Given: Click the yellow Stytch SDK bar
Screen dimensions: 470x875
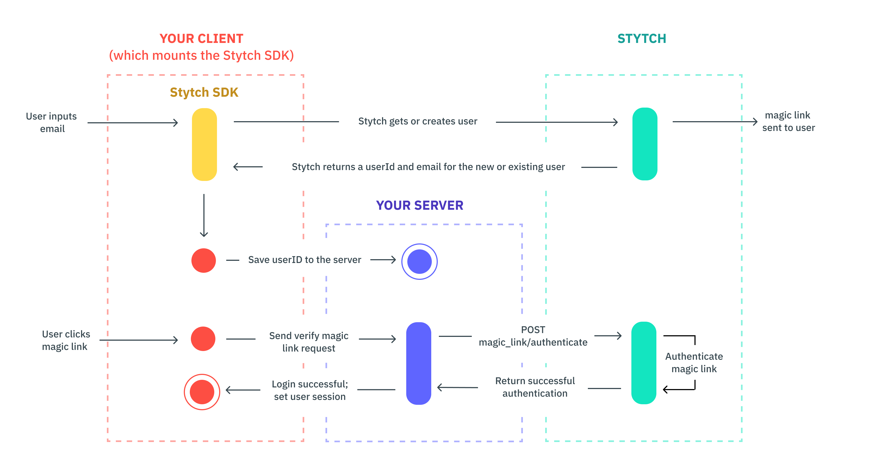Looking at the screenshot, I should [204, 144].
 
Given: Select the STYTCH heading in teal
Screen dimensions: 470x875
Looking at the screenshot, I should [641, 39].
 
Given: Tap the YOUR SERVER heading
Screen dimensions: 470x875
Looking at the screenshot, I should [419, 205].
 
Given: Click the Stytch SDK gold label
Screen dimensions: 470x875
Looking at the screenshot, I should [204, 92].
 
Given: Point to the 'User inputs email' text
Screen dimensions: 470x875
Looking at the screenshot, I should [52, 122].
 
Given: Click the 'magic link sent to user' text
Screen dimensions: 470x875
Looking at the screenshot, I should [788, 121].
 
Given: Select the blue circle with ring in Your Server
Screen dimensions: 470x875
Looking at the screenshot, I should [419, 261].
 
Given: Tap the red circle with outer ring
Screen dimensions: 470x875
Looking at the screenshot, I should [202, 392].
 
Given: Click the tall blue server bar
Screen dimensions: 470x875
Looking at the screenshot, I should [418, 363].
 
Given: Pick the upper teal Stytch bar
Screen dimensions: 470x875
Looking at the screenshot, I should [644, 144].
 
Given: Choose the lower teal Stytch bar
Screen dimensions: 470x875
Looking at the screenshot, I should [643, 362].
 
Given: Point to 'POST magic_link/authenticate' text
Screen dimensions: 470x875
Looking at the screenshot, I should [533, 336].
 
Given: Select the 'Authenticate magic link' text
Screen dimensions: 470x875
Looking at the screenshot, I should [694, 362].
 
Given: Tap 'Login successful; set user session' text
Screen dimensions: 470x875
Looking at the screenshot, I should [309, 390].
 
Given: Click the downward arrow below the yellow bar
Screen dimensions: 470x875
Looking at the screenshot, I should [204, 215].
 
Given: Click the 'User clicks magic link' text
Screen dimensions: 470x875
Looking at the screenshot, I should [66, 340].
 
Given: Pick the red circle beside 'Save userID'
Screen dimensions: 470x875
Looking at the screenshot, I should [203, 260].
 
